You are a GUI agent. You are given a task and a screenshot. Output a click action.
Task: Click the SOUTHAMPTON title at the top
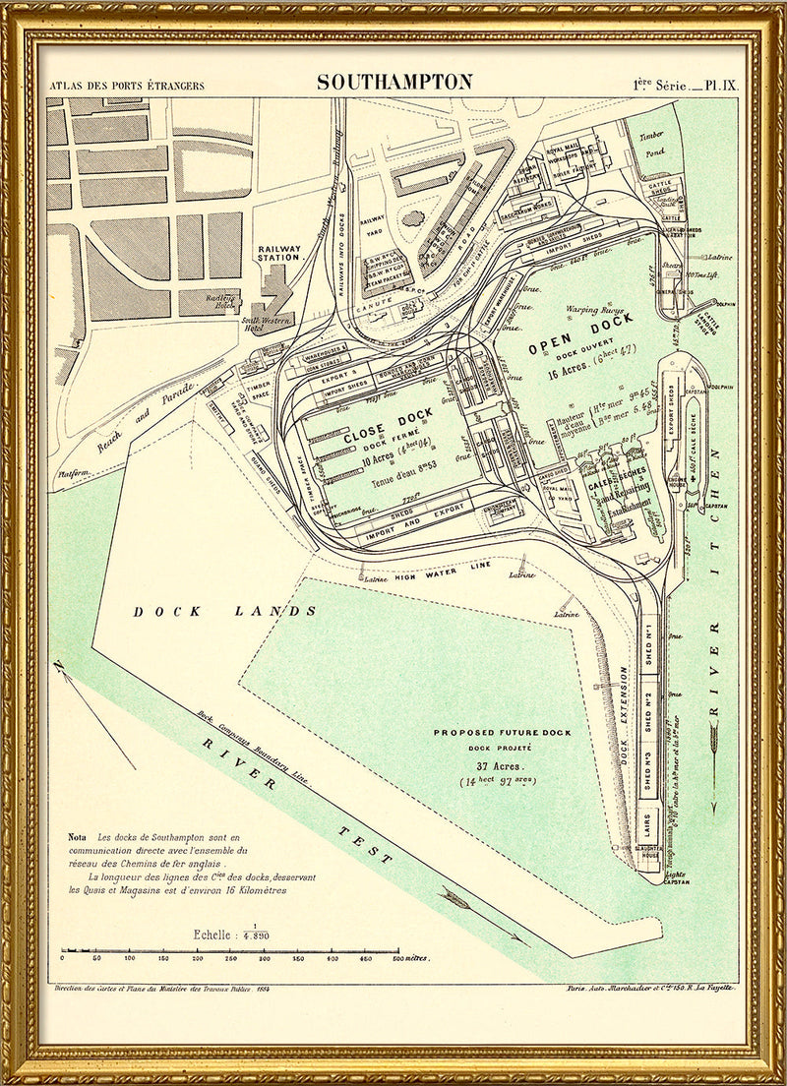394,83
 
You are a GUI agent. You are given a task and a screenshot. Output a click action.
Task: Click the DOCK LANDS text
225,611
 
